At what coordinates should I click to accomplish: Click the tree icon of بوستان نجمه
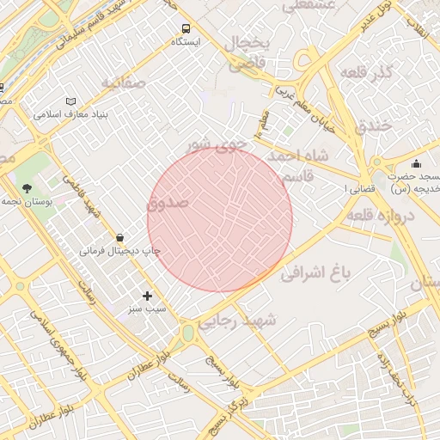(x=27, y=187)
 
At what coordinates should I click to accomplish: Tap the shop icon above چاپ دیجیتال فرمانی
(x=119, y=236)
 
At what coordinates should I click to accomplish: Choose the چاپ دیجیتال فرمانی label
(x=120, y=251)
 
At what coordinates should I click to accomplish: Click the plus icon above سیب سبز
(x=147, y=295)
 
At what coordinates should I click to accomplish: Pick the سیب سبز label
(x=147, y=308)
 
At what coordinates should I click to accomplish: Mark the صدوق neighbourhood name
(x=167, y=204)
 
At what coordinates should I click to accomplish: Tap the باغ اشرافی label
(x=317, y=274)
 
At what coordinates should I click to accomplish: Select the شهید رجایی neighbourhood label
(x=239, y=321)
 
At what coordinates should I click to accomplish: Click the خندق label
(x=372, y=125)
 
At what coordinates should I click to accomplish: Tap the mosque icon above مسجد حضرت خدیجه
(x=416, y=163)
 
